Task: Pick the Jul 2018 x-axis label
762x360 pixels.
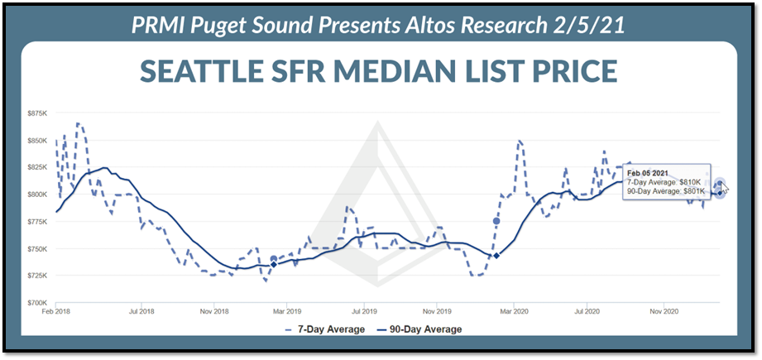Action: (x=142, y=312)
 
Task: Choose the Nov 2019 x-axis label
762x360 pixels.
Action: (x=438, y=312)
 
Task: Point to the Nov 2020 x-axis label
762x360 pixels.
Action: (x=664, y=312)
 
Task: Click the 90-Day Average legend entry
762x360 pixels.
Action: (x=422, y=329)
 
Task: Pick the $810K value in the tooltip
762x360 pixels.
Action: (x=688, y=181)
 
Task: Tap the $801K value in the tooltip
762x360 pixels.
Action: (x=692, y=191)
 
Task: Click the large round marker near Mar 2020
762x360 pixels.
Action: (x=496, y=221)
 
